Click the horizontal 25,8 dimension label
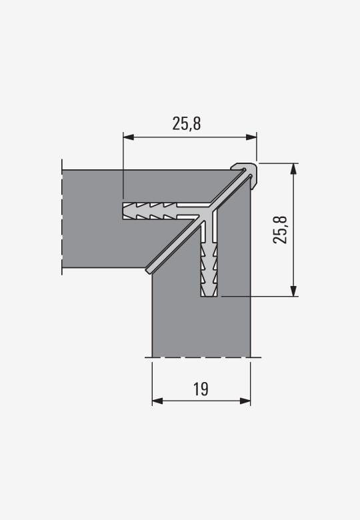coord(186,123)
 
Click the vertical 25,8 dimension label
coord(280,230)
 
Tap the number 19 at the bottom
coord(201,389)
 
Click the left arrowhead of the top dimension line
coord(129,137)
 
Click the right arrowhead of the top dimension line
coord(251,137)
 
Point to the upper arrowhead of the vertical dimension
coord(293,169)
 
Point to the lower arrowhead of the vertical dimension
coord(293,291)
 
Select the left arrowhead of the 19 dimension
coord(157,401)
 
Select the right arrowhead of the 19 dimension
coord(245,401)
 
